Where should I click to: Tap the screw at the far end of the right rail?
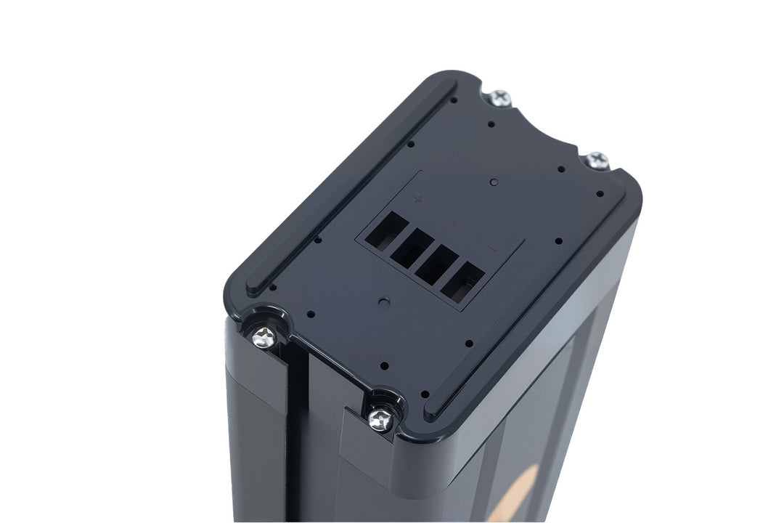click(x=597, y=160)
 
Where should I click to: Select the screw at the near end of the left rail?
click(x=265, y=336)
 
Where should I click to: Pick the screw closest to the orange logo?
click(x=380, y=418)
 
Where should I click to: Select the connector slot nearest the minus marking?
click(x=466, y=278)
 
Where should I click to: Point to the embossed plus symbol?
click(x=417, y=197)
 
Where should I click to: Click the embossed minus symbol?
click(x=494, y=249)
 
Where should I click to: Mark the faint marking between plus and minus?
click(x=455, y=223)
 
